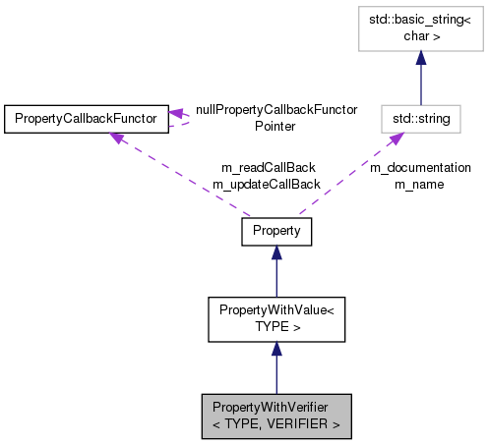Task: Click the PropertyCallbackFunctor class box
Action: click(85, 119)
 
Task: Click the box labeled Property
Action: click(275, 231)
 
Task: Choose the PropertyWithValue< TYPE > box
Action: click(275, 317)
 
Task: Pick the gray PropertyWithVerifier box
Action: click(275, 417)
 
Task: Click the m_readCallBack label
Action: click(266, 169)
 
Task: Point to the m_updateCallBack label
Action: click(266, 184)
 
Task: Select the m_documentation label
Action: click(420, 168)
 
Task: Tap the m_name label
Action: click(420, 184)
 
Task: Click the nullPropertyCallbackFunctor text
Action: click(275, 110)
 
